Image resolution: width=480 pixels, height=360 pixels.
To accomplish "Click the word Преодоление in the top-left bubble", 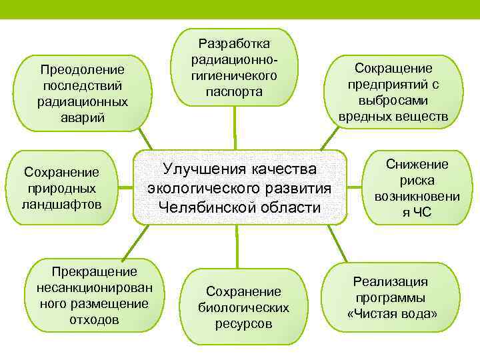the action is [x=83, y=69].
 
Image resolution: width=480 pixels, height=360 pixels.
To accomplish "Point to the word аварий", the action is [x=83, y=118].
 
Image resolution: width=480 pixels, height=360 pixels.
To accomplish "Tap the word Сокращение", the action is [x=393, y=68].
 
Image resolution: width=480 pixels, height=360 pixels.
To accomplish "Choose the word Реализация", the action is [x=391, y=281].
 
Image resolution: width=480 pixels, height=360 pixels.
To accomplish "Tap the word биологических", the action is [x=243, y=307].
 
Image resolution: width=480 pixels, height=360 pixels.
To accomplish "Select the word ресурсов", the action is [x=243, y=323].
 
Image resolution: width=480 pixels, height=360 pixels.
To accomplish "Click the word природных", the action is [x=61, y=189].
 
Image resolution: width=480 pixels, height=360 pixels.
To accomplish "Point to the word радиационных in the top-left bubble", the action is [x=83, y=102].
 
